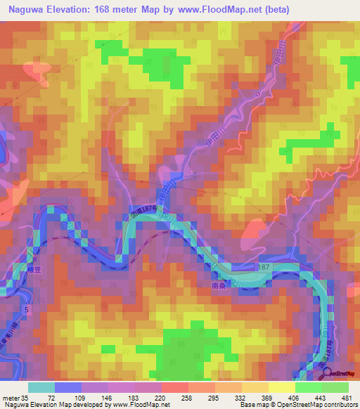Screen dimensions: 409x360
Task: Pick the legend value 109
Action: (x=81, y=397)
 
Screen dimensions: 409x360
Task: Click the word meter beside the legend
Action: (x=11, y=397)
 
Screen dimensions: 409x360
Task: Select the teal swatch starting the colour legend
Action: (x=41, y=387)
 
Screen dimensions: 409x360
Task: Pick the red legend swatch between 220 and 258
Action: (x=174, y=387)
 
